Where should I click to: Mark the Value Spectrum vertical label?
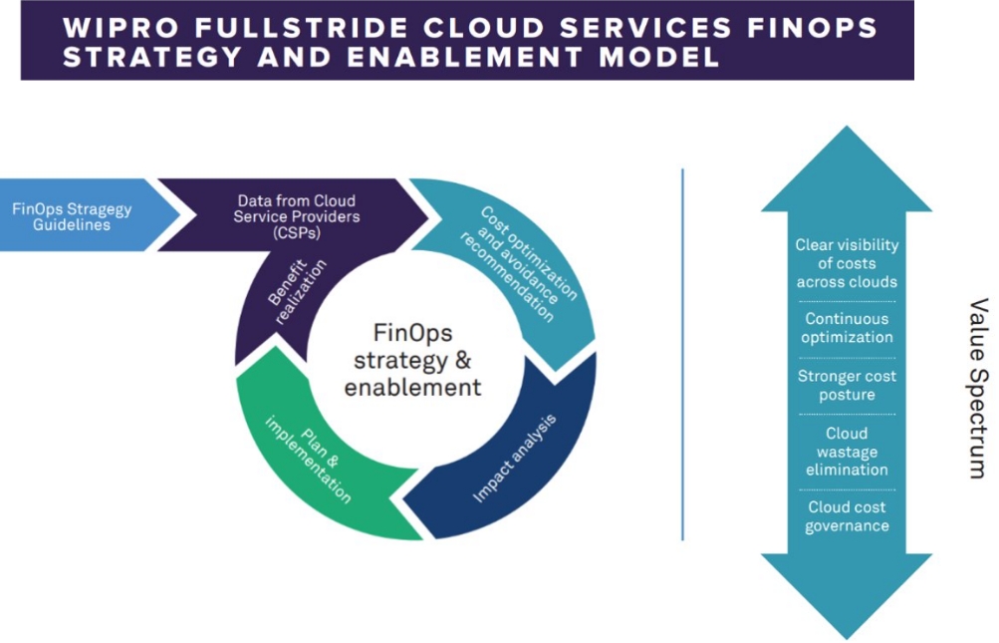(977, 388)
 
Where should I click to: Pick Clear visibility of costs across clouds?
(847, 263)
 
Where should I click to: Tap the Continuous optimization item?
(848, 328)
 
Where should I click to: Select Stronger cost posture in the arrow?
(847, 385)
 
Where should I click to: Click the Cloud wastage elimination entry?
(847, 452)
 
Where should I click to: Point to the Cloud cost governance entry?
(847, 516)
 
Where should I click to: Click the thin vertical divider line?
(682, 354)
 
